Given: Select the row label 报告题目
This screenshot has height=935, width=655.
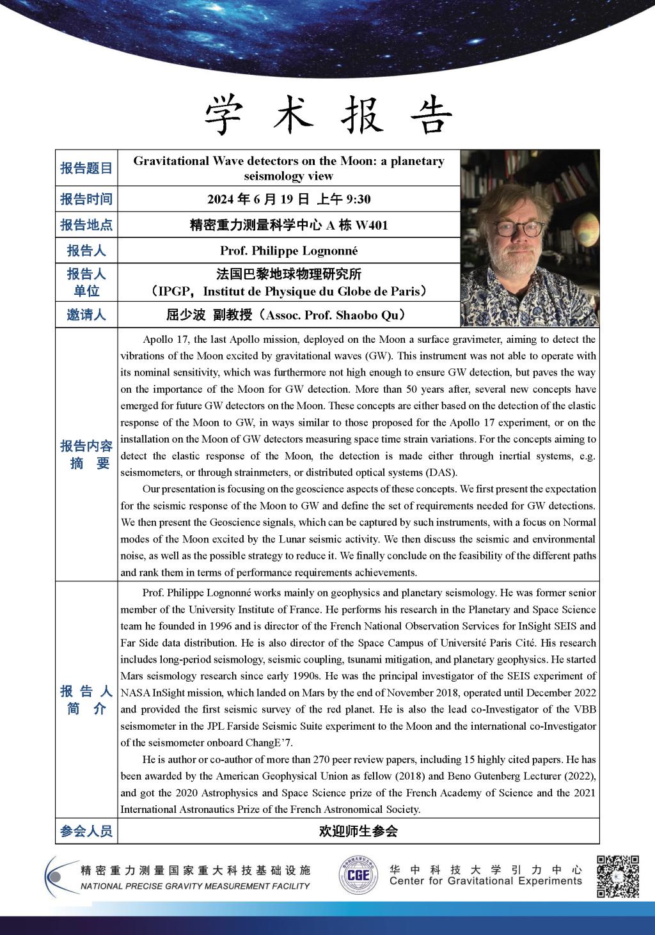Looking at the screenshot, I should coord(86,168).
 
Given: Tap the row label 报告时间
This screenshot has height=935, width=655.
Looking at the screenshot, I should coord(86,199).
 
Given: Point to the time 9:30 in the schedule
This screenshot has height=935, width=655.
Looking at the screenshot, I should coord(358,200).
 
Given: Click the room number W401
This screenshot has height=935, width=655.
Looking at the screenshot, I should coord(372,225).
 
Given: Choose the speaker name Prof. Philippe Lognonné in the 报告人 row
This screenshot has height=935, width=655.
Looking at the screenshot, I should coord(288,251).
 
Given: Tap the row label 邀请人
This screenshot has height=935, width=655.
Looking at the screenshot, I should coord(86,315).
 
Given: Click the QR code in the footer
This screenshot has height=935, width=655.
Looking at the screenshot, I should coord(618,876).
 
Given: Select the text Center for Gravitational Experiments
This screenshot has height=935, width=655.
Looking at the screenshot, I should coord(485,881).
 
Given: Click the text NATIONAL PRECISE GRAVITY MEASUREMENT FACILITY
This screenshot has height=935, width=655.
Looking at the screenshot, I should coord(194,886).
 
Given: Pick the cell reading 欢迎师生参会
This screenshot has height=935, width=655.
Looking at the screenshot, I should coord(358,831).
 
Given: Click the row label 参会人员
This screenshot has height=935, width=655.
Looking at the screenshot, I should coord(86,831).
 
